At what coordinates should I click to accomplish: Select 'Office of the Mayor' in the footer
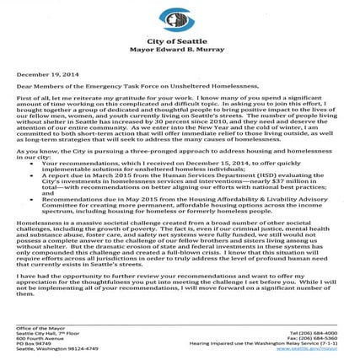(x=37, y=325)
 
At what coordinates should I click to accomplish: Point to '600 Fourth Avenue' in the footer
(x=37, y=337)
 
